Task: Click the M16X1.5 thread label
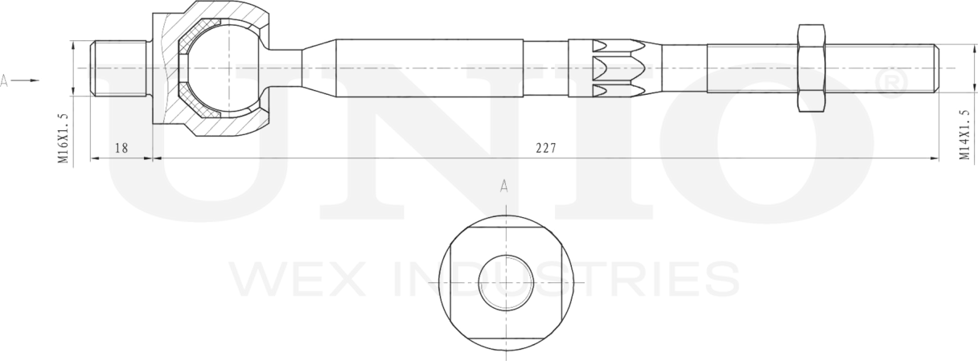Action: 63,138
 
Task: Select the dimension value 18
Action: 121,148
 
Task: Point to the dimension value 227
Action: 545,148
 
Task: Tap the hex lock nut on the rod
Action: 811,68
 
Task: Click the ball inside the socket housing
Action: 225,68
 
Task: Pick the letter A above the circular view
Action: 504,187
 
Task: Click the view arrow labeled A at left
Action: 20,80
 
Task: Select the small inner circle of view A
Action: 505,283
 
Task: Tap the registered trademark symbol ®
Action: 890,84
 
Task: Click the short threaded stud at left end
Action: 118,68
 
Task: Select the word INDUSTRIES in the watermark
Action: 563,279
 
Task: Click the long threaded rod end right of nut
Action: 881,68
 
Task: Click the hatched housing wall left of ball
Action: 169,68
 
